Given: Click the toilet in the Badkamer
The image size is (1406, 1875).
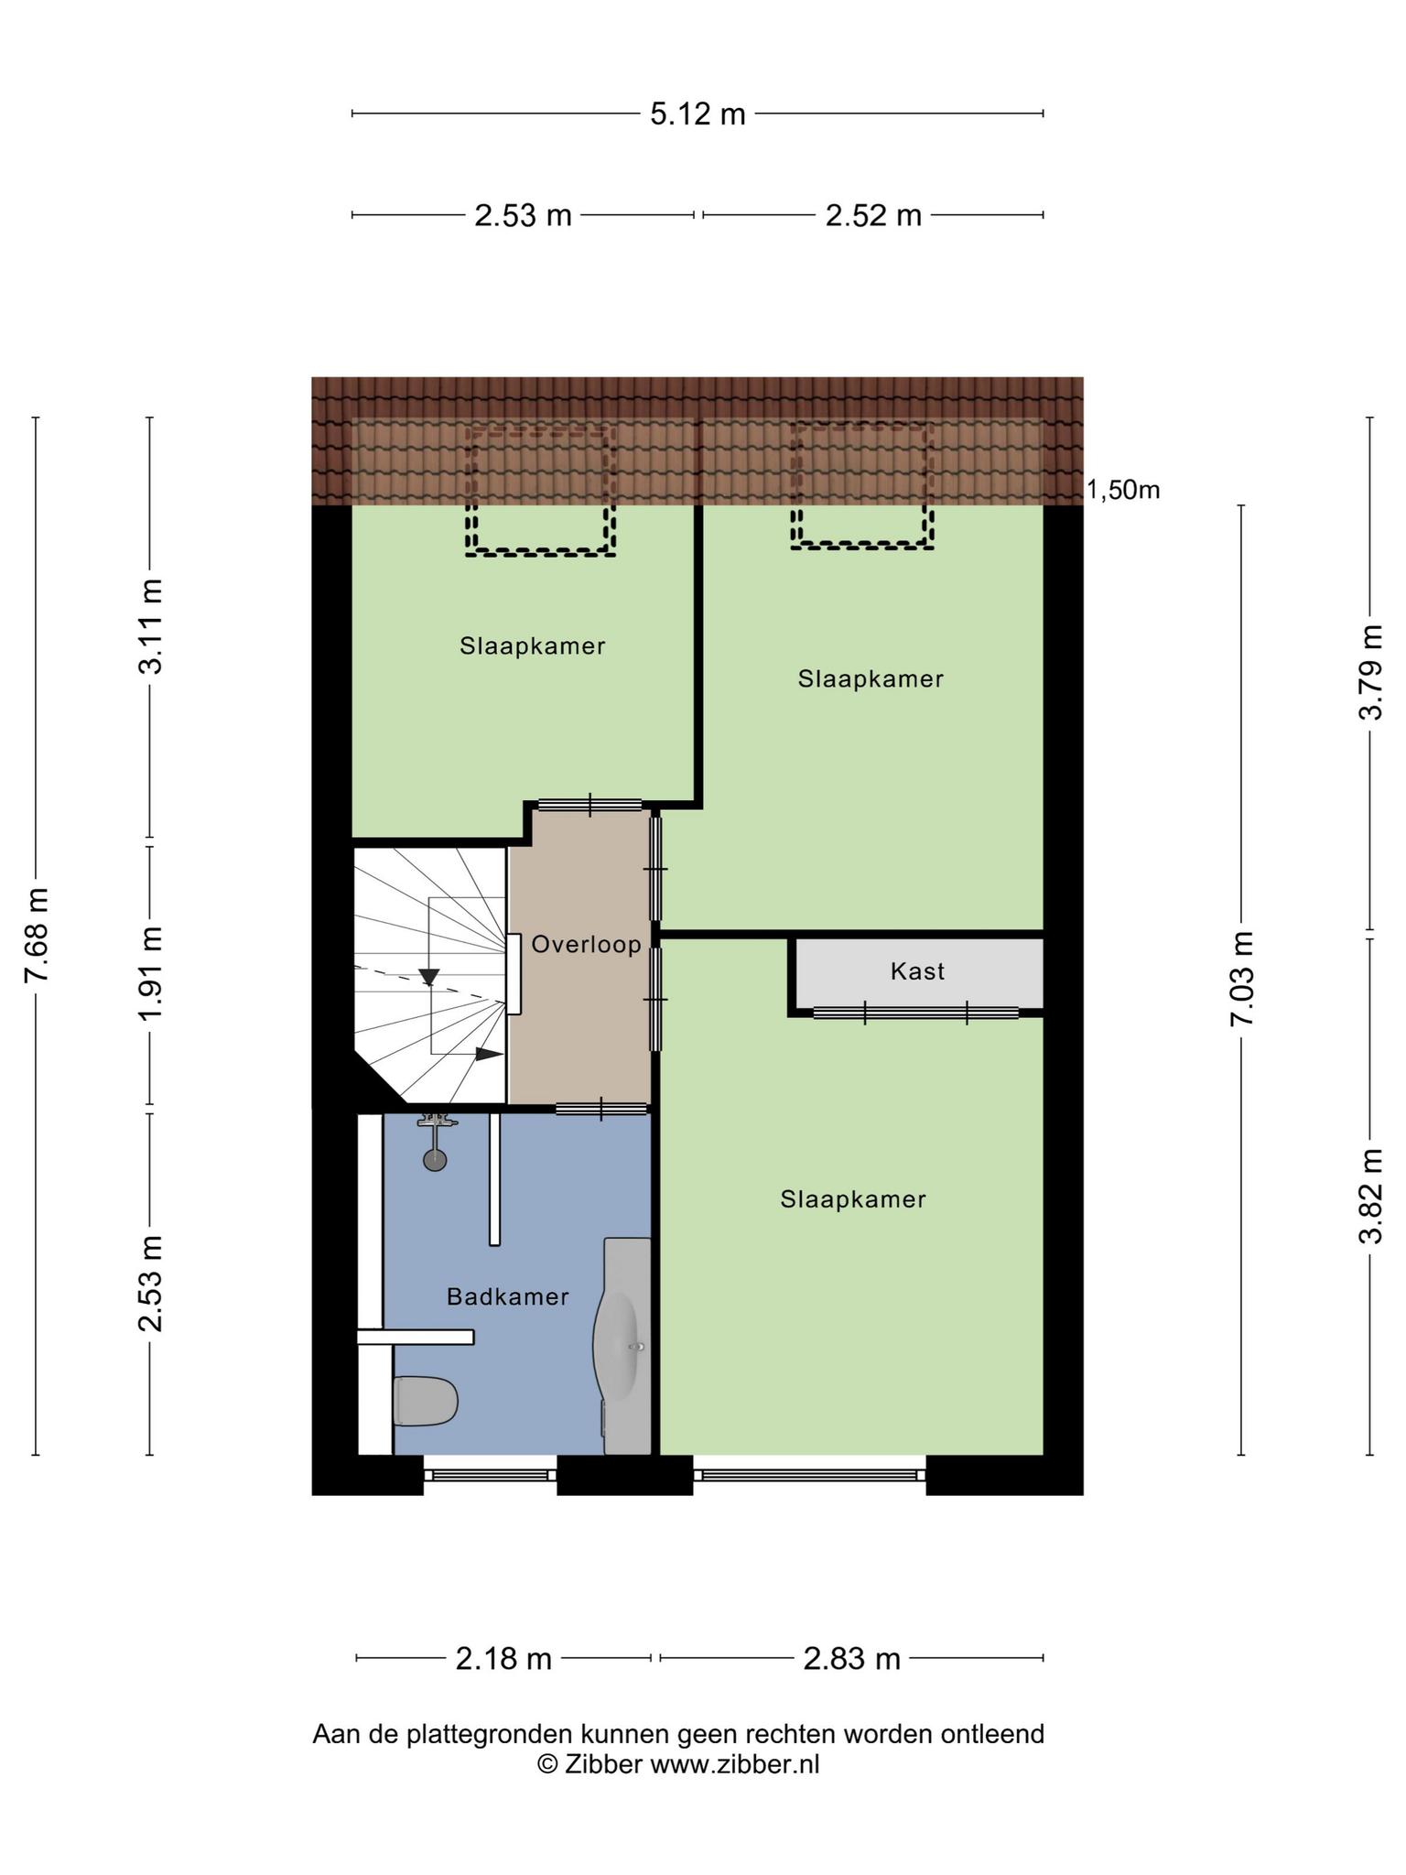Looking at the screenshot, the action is tap(425, 1402).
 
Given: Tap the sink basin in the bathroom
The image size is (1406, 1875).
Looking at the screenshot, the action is tap(616, 1346).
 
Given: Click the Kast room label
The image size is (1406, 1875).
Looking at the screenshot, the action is tap(917, 971).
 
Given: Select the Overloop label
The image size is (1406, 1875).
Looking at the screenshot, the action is tap(586, 944).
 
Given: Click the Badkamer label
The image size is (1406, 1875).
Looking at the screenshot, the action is tap(508, 1296).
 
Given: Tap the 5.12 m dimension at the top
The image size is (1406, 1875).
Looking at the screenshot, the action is tap(698, 114).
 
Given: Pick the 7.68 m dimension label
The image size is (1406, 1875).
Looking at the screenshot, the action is tap(37, 935).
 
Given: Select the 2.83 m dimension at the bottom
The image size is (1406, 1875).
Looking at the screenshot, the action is tap(851, 1659).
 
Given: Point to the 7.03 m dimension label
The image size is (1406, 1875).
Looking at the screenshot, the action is tap(1241, 980).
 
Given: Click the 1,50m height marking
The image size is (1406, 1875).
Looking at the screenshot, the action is tap(1123, 491).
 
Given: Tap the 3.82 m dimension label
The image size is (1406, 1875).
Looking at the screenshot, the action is tap(1370, 1195).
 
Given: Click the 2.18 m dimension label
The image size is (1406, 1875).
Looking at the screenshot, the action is tap(503, 1659).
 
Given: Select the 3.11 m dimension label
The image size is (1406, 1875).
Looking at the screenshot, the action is tap(150, 625).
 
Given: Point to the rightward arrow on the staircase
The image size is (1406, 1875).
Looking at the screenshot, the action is tap(489, 1054).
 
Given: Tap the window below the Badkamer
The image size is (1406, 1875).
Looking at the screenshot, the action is tap(490, 1475).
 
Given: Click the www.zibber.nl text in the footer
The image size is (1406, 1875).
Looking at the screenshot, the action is tap(735, 1764).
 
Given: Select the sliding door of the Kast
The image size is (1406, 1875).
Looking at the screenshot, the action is tap(915, 1013).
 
